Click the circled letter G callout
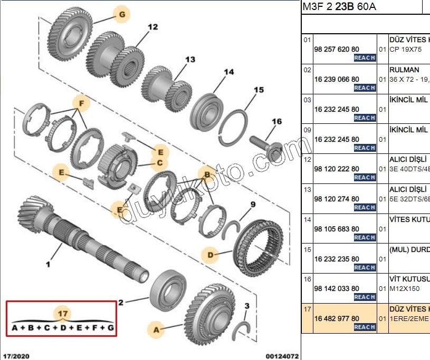[x=122, y=15]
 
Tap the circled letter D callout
[x=211, y=256]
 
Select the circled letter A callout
[x=156, y=330]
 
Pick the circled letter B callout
[x=207, y=174]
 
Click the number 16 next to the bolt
[x=276, y=122]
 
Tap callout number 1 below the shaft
[x=47, y=264]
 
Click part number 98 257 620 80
[x=337, y=48]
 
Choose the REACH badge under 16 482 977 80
[x=364, y=327]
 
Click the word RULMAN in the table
[x=404, y=70]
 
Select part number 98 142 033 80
[x=337, y=288]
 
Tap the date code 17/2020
[x=17, y=356]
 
